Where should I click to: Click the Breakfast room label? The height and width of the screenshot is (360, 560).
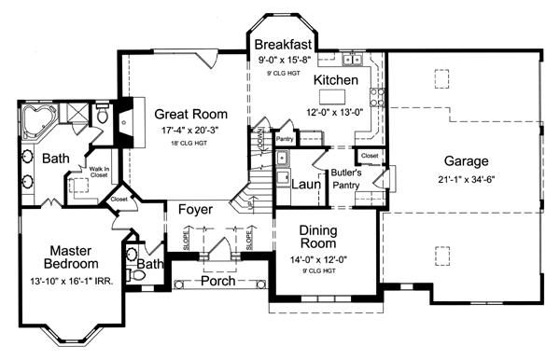click(285, 43)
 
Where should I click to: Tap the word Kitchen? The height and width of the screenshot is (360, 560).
click(335, 81)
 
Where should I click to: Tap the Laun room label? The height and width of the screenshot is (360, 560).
click(305, 185)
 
